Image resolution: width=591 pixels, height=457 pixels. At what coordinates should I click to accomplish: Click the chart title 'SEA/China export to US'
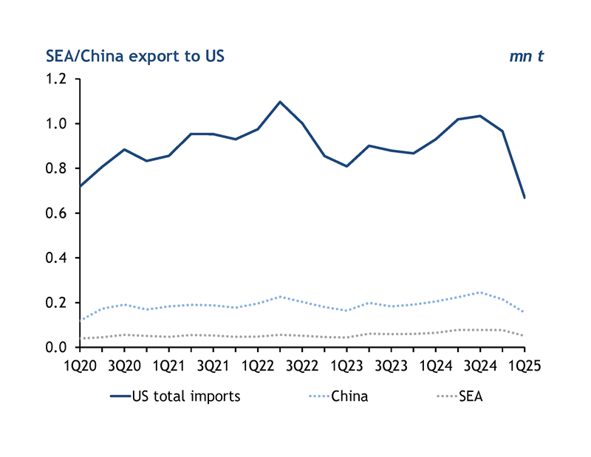click(x=135, y=56)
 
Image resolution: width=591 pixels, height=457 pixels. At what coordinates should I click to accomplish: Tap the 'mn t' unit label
click(x=526, y=56)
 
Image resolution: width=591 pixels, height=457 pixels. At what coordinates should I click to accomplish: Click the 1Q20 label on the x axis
click(x=81, y=365)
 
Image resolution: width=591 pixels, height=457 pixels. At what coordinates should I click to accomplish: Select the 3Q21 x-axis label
click(x=213, y=365)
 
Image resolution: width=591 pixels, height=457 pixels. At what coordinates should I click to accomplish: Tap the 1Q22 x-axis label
click(x=258, y=365)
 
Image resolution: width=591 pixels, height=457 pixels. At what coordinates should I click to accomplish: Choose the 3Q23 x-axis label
click(x=391, y=365)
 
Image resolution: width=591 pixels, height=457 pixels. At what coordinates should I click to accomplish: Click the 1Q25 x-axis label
click(x=523, y=365)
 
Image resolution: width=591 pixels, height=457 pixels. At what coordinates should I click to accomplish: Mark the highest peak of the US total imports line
click(x=280, y=102)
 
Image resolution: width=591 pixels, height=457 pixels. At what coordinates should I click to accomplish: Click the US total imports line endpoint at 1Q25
click(x=524, y=198)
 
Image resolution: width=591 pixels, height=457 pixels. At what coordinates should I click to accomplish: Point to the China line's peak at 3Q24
click(x=479, y=292)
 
